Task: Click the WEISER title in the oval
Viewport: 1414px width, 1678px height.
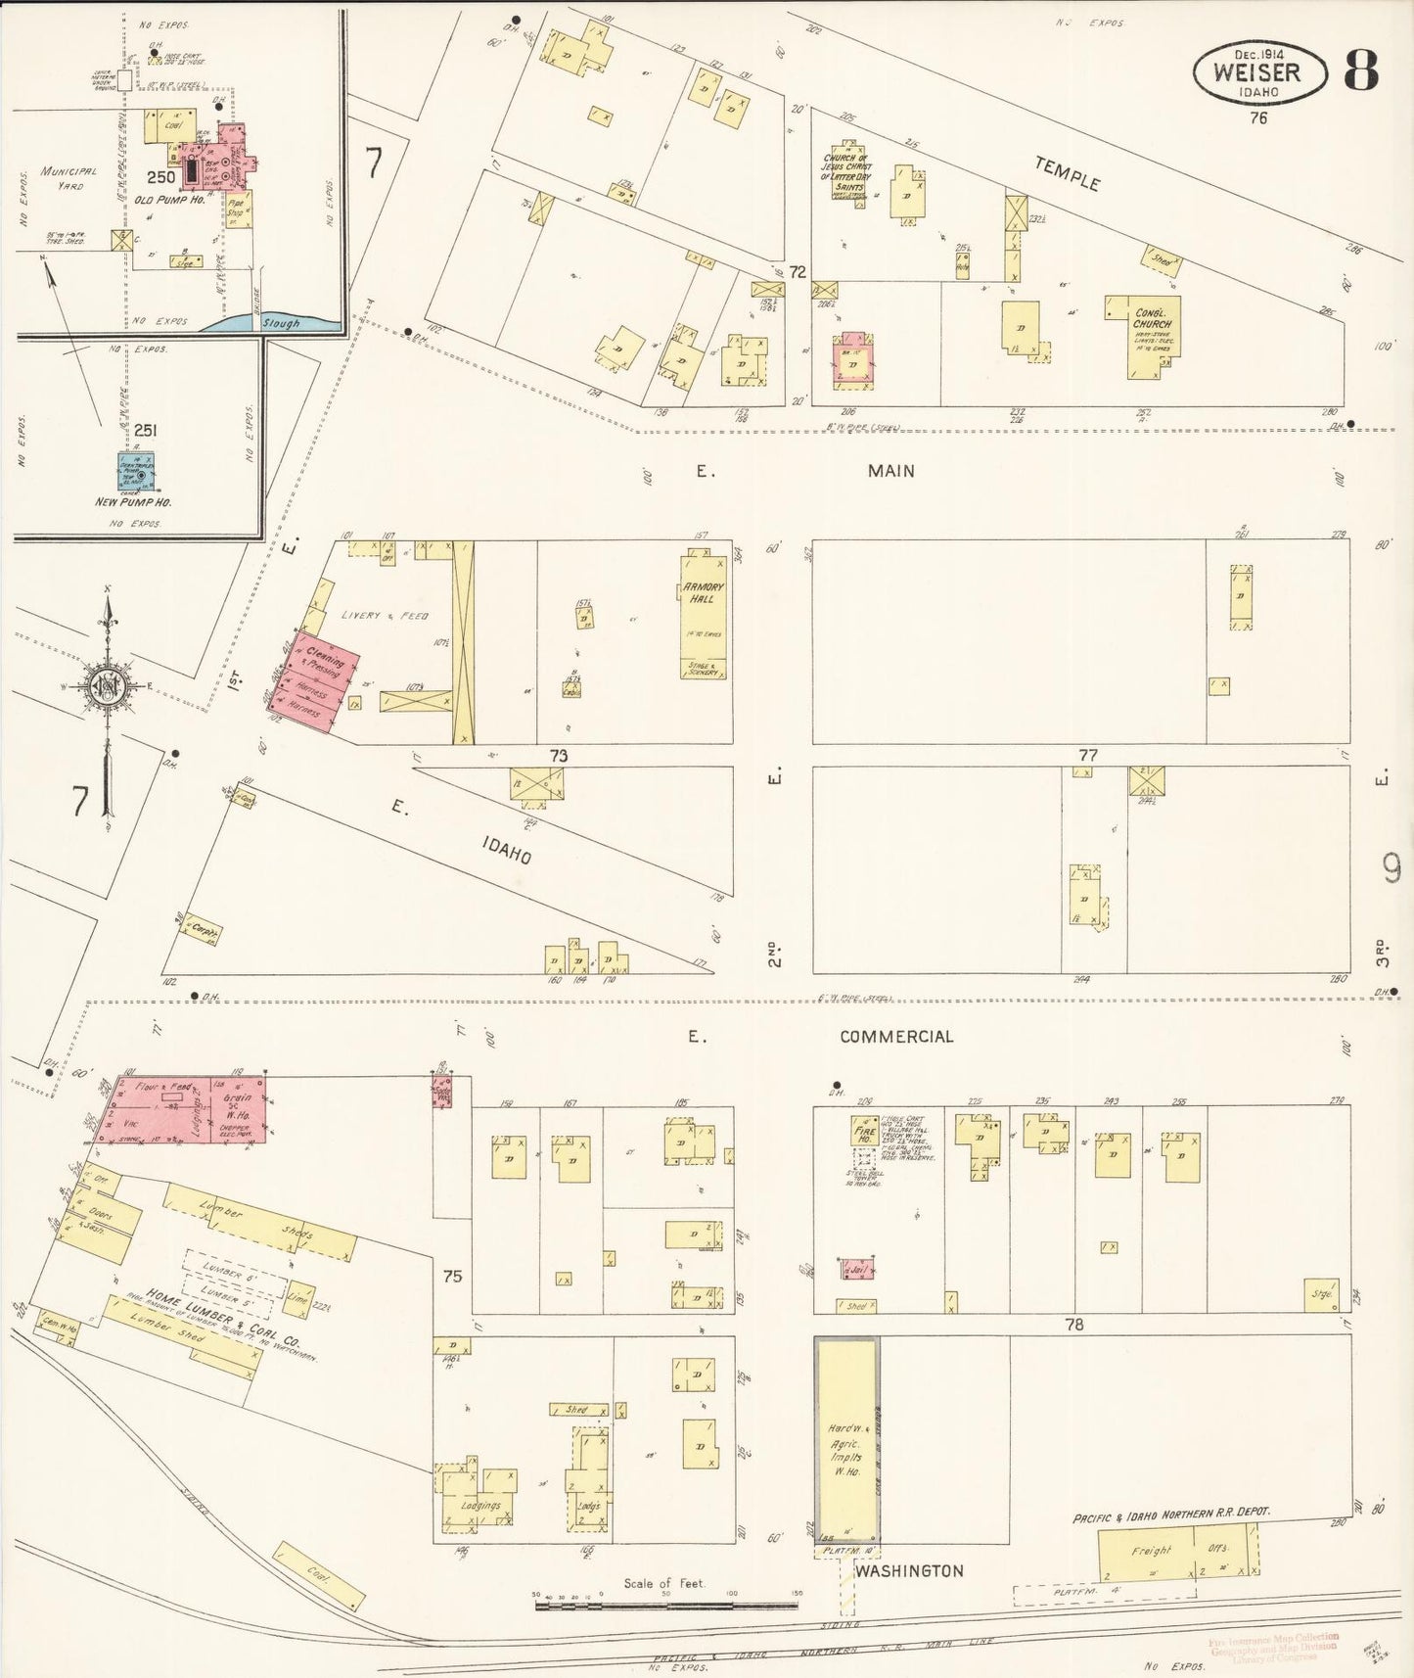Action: point(1257,71)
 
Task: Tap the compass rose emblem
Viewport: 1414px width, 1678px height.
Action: point(105,685)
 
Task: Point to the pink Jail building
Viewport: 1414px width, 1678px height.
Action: point(856,1270)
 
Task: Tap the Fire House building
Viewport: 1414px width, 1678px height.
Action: point(863,1131)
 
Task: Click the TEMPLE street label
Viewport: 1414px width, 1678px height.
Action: point(1068,174)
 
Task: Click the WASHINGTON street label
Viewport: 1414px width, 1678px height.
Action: point(909,1571)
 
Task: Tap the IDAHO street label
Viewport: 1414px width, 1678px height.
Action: point(506,850)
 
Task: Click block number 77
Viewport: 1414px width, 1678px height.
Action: point(1087,755)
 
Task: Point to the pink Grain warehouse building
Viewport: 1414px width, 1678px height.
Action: point(238,1110)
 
